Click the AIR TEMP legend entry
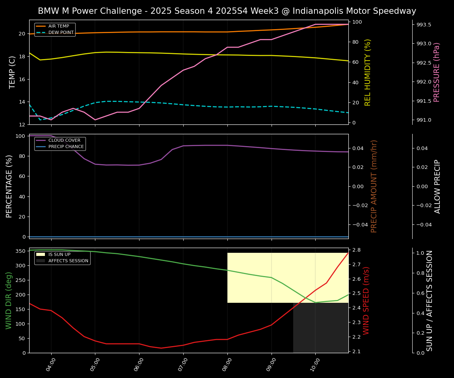click(x=58, y=26)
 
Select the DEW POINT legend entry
click(x=61, y=33)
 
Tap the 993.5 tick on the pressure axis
click(x=424, y=25)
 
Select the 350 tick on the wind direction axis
click(x=20, y=251)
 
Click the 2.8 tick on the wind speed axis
click(x=356, y=250)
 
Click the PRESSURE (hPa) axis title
click(x=437, y=72)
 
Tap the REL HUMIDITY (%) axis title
click(x=368, y=72)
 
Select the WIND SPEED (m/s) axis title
click(x=366, y=300)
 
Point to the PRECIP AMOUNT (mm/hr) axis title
click(x=374, y=186)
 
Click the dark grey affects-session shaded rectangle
click(x=320, y=328)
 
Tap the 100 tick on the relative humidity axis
click(x=357, y=22)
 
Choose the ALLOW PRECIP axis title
click(x=437, y=186)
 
